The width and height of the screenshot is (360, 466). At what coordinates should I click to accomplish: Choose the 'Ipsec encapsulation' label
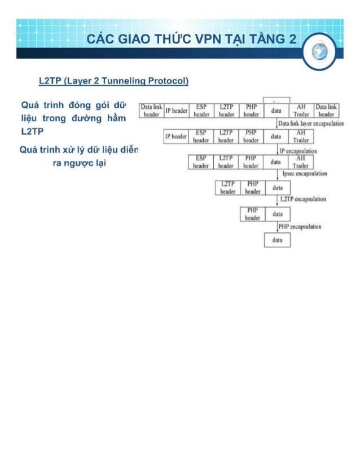[304, 174]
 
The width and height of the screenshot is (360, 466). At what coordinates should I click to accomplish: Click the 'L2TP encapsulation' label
[302, 199]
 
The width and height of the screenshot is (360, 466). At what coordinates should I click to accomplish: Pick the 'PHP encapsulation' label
[301, 226]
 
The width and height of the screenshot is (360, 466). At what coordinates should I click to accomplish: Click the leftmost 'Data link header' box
[151, 110]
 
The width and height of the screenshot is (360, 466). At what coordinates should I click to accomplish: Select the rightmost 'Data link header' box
[327, 110]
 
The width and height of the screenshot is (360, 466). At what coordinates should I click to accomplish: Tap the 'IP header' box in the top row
[176, 111]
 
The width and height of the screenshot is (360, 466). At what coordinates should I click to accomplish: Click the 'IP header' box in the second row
[175, 137]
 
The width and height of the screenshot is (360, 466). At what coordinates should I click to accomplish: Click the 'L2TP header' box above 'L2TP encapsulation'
[227, 188]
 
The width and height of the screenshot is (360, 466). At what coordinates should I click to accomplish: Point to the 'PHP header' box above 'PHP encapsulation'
[252, 214]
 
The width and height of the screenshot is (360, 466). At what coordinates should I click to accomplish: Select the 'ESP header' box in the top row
[201, 110]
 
